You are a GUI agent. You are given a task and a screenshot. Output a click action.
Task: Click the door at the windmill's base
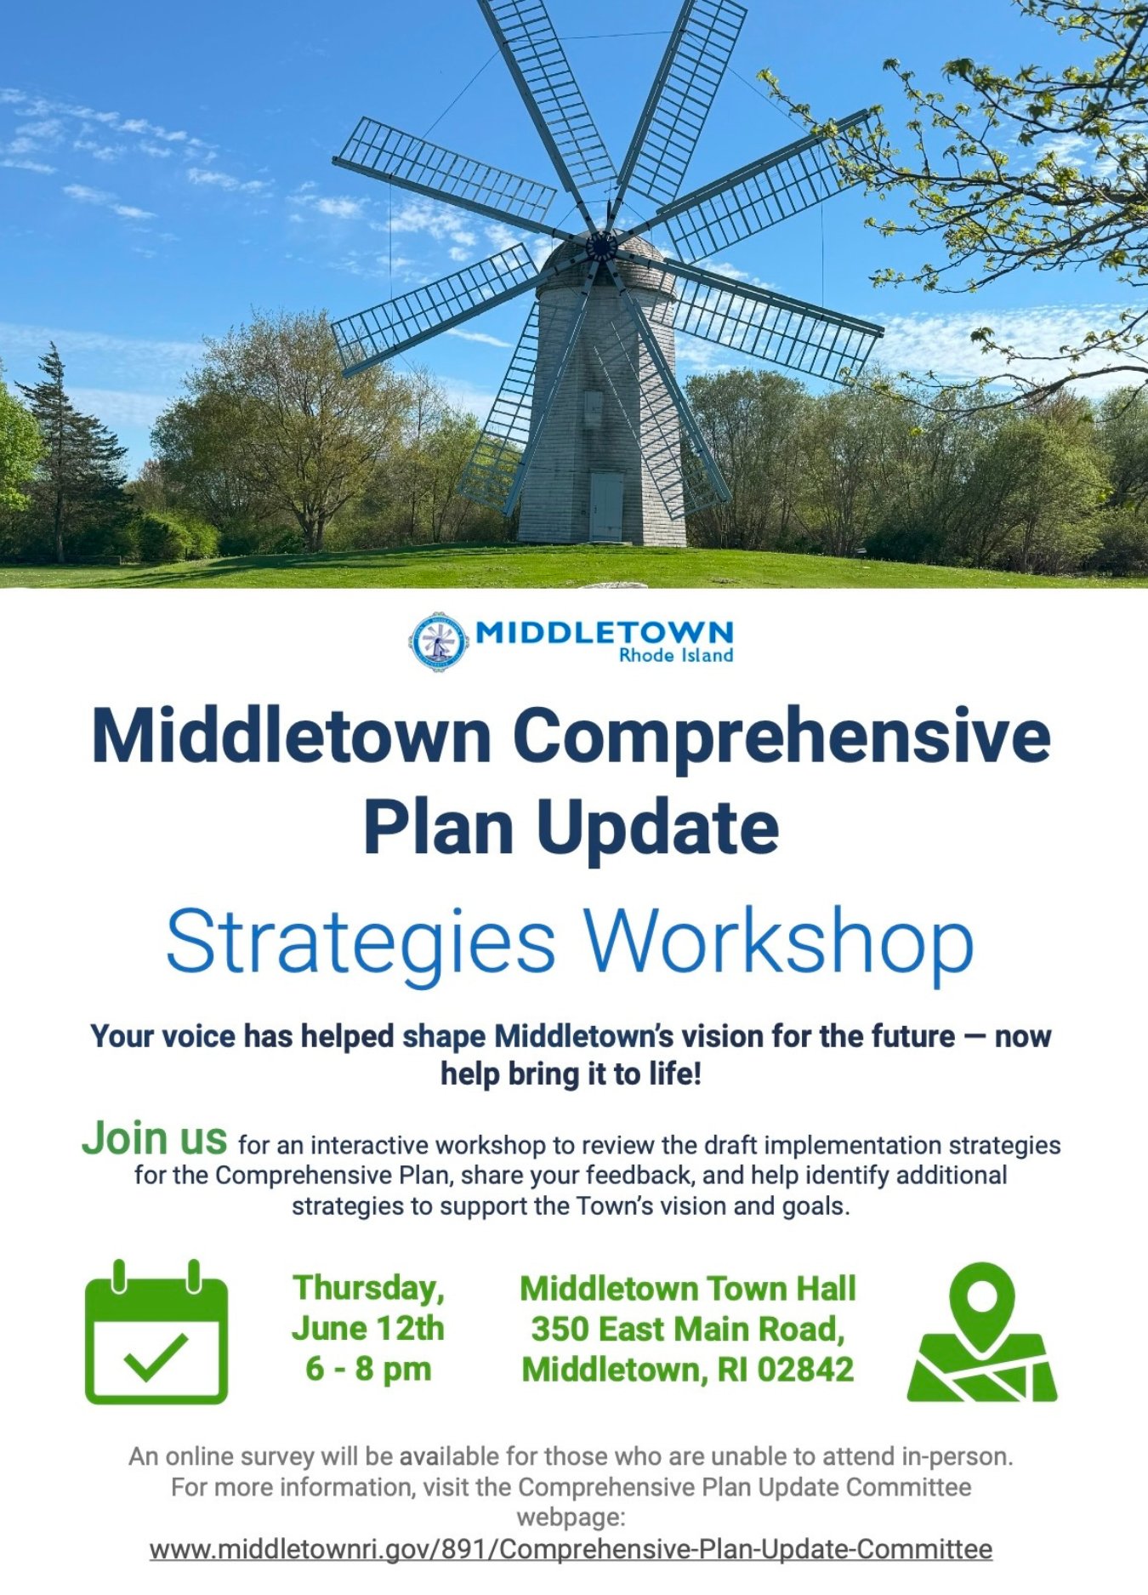[606, 506]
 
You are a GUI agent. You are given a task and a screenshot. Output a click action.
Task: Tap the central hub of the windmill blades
[601, 246]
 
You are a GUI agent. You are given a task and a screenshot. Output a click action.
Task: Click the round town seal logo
[438, 642]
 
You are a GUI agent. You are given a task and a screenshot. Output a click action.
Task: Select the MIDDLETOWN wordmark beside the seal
[604, 632]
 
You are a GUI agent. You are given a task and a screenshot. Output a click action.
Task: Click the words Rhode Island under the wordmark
[676, 655]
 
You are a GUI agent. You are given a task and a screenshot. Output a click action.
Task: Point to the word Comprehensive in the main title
[781, 737]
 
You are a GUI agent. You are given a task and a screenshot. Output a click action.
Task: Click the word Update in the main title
[657, 829]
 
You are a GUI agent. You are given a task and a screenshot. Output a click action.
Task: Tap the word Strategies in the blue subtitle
[361, 943]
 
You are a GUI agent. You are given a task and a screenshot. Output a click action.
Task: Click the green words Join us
[155, 1138]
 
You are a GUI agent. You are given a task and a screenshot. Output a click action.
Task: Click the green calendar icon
[156, 1332]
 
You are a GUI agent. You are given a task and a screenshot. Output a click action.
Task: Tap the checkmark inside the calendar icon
[156, 1358]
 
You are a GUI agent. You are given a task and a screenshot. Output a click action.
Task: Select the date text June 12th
[368, 1329]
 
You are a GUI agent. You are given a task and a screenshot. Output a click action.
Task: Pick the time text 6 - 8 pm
[368, 1370]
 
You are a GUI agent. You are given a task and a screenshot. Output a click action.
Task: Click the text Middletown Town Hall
[688, 1289]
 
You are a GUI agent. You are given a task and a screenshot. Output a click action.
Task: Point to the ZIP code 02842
[805, 1370]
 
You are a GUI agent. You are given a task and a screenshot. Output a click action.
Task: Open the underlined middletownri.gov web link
[571, 1549]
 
